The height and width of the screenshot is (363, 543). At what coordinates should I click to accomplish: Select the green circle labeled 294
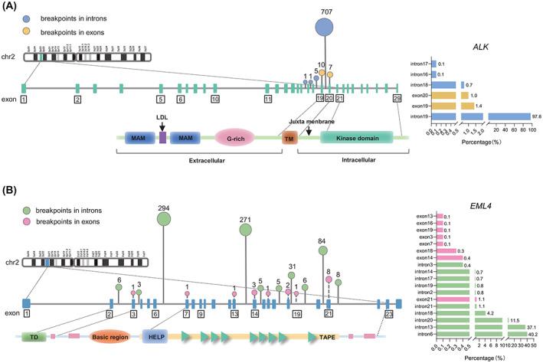[x=164, y=219]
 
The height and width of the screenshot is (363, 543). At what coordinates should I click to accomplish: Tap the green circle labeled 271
[x=245, y=228]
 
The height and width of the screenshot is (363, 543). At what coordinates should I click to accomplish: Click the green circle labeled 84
[x=322, y=250]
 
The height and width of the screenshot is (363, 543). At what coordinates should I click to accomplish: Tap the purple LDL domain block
[x=162, y=138]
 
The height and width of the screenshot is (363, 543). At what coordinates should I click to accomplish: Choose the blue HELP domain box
[x=154, y=336]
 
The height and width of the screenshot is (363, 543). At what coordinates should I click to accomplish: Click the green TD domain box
[x=34, y=336]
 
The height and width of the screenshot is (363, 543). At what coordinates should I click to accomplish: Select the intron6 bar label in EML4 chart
[x=424, y=333]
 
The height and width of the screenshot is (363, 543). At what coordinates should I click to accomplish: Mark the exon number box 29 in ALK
[x=396, y=100]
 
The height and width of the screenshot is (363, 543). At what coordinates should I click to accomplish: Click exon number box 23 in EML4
[x=389, y=313]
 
